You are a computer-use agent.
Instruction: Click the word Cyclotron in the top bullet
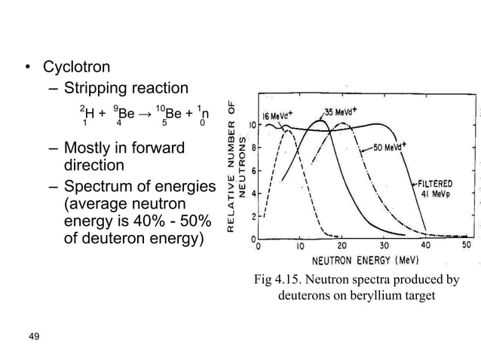[x=77, y=67]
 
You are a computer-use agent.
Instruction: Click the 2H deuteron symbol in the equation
[x=87, y=114]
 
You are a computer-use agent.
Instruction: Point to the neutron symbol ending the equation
[x=201, y=114]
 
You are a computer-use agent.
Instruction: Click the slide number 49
[x=33, y=335]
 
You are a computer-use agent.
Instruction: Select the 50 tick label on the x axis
[x=467, y=246]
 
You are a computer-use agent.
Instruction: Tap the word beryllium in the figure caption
[x=384, y=296]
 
